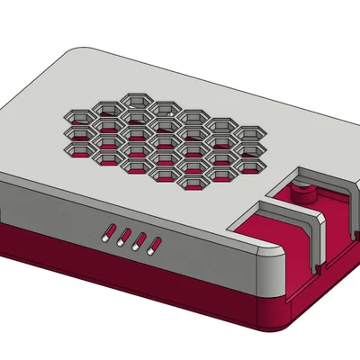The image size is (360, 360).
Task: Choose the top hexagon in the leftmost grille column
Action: click(79, 115)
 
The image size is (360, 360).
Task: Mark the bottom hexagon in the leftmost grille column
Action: click(79, 146)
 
